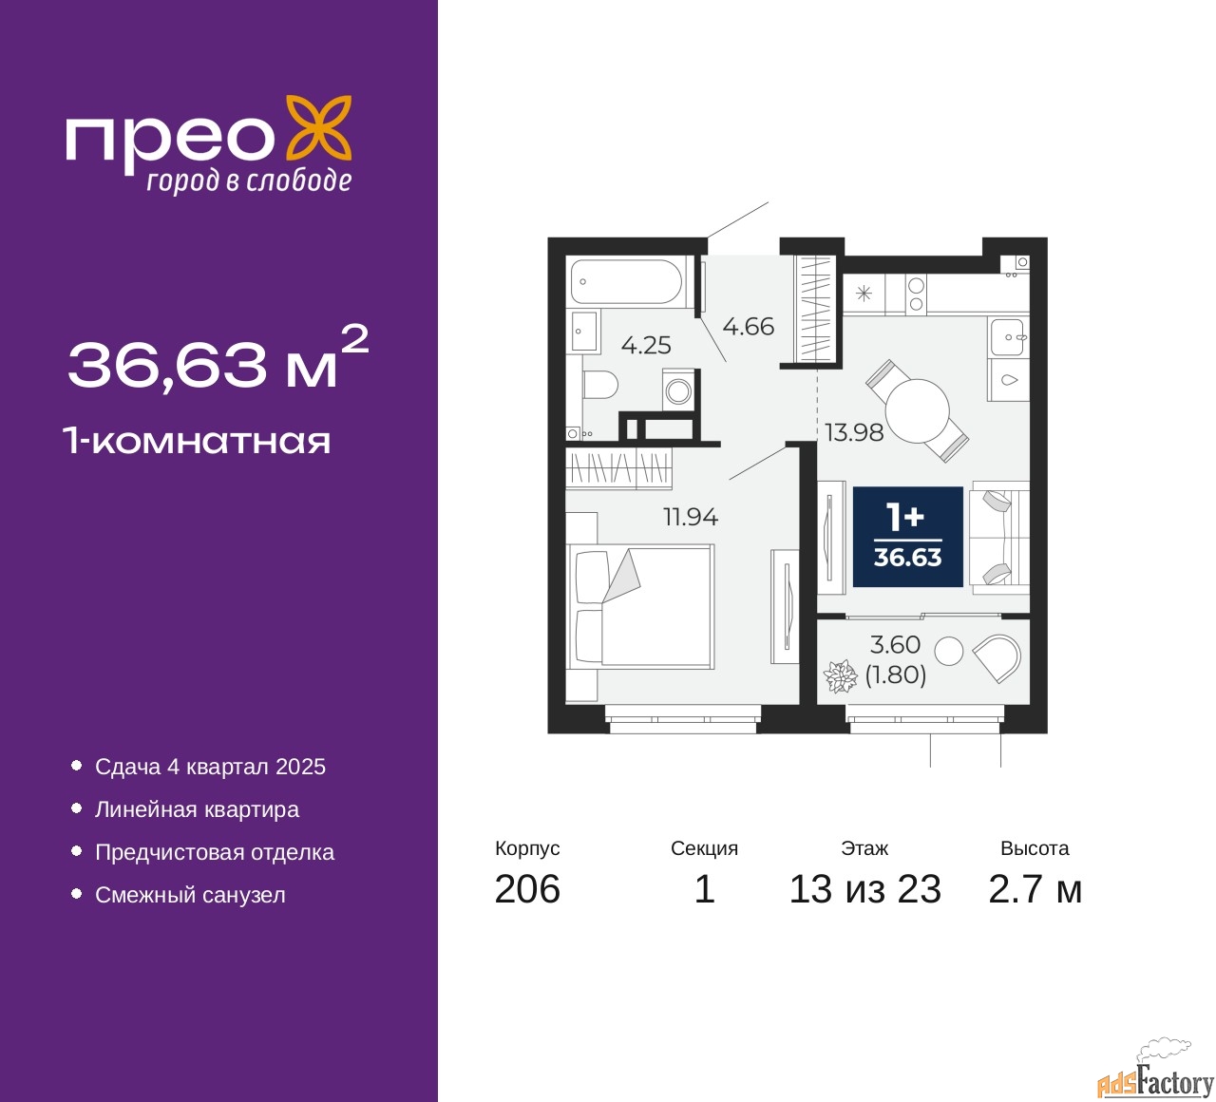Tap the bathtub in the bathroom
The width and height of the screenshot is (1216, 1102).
[626, 282]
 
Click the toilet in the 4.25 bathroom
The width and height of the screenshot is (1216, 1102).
[598, 386]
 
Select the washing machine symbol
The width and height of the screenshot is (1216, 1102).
[678, 390]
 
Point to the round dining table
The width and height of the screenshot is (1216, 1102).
[917, 410]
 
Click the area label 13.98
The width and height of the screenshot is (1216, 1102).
[853, 433]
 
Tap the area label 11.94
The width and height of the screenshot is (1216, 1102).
[690, 518]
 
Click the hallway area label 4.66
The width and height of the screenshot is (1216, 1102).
[748, 327]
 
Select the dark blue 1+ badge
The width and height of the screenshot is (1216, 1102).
[907, 537]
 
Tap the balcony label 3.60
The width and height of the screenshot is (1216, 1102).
[895, 645]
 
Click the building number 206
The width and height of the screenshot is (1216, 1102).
[527, 889]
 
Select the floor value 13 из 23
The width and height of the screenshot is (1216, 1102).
[864, 889]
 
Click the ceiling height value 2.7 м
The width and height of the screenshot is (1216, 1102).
[1035, 889]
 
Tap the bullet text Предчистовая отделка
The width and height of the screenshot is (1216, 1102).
[215, 852]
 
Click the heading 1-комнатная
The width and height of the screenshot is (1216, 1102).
[197, 441]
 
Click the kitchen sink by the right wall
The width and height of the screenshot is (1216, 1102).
[1008, 336]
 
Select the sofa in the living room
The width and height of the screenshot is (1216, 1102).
[1000, 538]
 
